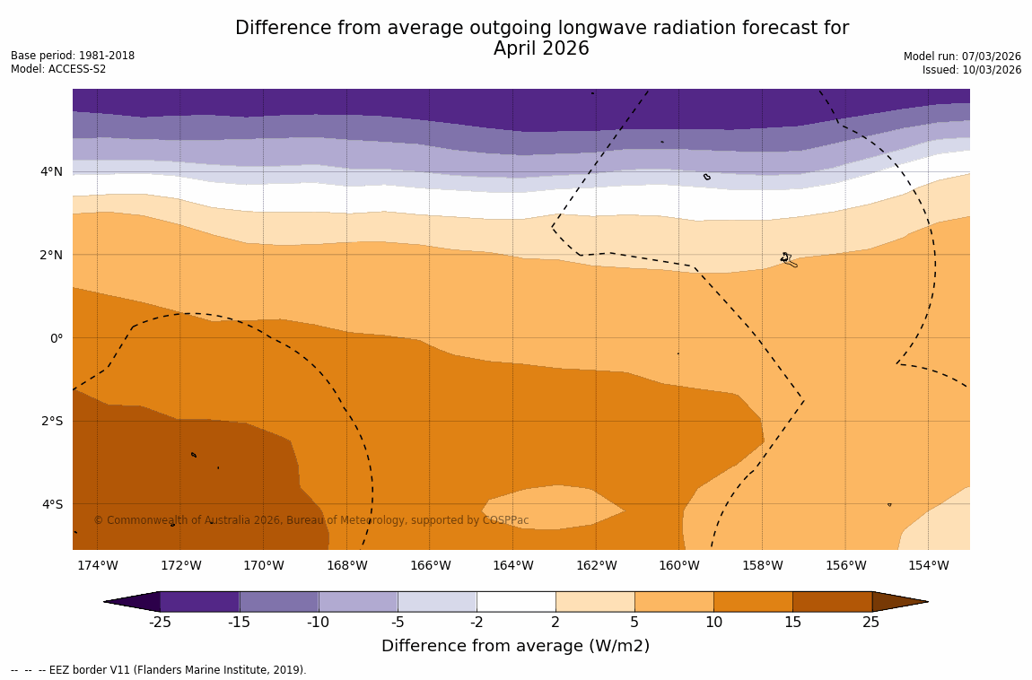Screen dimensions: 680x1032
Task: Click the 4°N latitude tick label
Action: [51, 171]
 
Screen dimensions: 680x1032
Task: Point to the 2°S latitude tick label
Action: [51, 421]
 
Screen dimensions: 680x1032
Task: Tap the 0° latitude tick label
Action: [56, 338]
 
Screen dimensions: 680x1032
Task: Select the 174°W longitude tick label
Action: [97, 565]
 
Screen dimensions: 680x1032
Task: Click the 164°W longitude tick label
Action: [512, 565]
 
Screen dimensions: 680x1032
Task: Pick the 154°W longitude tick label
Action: [928, 565]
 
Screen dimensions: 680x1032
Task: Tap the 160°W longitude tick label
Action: [678, 565]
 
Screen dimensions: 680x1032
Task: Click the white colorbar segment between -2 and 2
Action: [516, 602]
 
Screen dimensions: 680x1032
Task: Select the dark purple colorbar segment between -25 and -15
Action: [199, 602]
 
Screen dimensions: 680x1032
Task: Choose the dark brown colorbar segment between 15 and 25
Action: [832, 602]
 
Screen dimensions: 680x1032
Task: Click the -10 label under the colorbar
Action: [318, 623]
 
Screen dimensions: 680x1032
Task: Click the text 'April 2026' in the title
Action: [541, 49]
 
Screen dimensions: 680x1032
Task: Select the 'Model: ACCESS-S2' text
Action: [58, 69]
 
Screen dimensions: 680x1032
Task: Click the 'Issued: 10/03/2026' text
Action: [972, 70]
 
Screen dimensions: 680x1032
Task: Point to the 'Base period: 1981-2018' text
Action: [73, 56]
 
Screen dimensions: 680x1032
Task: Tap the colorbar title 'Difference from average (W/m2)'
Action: [515, 646]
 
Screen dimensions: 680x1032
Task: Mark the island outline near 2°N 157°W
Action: [788, 260]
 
